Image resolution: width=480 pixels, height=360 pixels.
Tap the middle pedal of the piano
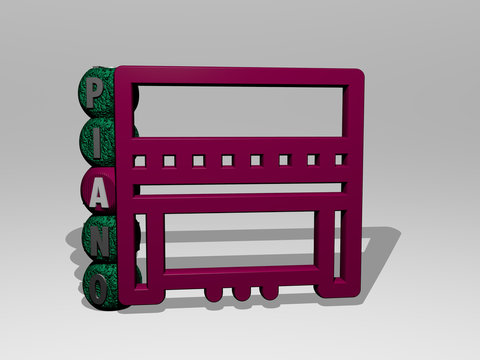[x=241, y=292]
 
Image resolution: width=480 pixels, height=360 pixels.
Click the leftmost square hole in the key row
[x=142, y=160]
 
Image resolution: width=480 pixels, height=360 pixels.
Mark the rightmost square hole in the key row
[x=340, y=159]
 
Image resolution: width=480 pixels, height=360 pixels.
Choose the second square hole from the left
[x=171, y=160]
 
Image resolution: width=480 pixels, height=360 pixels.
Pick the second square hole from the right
[x=312, y=159]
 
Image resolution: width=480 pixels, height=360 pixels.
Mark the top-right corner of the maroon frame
[x=358, y=74]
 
